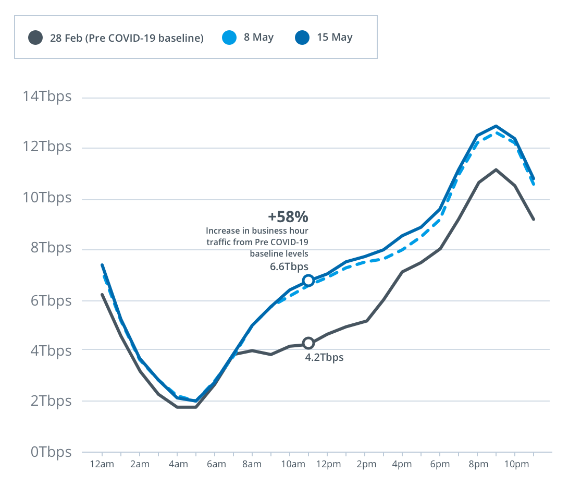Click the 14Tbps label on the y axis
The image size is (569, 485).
coord(46,97)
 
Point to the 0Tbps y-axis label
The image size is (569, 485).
coord(50,452)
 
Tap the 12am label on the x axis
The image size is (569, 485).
coord(102,465)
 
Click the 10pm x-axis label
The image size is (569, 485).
coord(514,465)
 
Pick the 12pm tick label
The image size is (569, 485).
coord(327,465)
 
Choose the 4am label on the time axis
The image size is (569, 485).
coord(178,465)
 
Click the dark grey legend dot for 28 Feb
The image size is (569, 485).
coord(35,38)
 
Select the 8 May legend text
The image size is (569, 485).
coord(258,38)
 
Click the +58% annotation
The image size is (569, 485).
coord(288,216)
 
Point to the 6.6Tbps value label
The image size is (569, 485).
coord(288,267)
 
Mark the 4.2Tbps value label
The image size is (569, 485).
coord(324,358)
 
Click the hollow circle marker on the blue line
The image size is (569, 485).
coord(308,281)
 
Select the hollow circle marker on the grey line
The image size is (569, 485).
coord(308,343)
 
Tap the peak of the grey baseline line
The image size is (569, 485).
coord(496,169)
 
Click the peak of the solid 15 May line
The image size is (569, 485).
coord(496,126)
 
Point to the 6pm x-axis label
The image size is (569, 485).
coord(440,465)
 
